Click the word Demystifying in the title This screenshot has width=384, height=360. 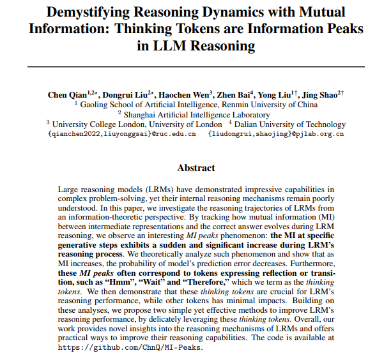click(x=91, y=13)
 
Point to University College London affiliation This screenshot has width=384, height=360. click(x=137, y=124)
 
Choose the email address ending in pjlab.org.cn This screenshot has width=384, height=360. click(x=276, y=133)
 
